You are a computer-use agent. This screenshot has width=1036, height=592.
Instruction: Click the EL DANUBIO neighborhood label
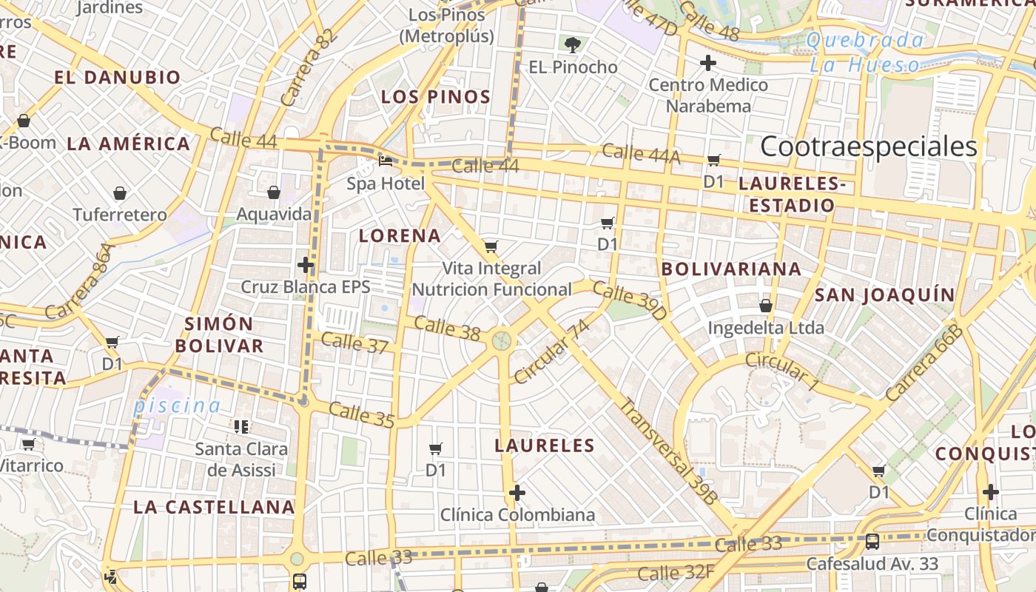pos(118,77)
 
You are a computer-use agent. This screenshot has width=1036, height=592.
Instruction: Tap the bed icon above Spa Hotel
pos(385,161)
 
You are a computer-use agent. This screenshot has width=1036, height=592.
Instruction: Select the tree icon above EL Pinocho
pos(572,44)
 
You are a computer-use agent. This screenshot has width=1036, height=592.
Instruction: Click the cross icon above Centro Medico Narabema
pos(708,63)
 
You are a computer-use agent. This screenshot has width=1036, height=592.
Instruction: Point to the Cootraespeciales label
pos(869,147)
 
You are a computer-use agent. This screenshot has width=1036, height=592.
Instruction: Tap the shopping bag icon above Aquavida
pos(273,192)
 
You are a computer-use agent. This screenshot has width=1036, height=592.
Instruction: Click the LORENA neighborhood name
pos(400,236)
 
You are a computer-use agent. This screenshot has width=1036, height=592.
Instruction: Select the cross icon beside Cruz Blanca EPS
pos(306,264)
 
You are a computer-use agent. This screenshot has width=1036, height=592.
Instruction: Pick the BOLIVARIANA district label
pos(731,269)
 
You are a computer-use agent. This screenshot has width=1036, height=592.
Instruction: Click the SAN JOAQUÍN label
pos(885,295)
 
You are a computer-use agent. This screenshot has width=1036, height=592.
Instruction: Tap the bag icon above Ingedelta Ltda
pos(766,305)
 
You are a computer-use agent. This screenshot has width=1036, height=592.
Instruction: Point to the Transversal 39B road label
pos(668,451)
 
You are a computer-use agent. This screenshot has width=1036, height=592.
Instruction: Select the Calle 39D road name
pos(630,300)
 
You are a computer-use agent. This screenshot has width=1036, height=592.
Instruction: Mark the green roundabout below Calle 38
pos(502,341)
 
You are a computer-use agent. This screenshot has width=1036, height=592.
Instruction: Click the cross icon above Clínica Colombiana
pos(517,492)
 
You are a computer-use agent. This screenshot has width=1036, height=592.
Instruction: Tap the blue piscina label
pos(177,406)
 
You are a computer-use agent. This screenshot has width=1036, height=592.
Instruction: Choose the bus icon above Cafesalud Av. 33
pos(872,542)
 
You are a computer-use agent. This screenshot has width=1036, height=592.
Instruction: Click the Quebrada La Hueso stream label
pos(864,52)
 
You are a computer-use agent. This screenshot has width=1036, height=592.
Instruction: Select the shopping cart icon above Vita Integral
pos(491,246)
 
